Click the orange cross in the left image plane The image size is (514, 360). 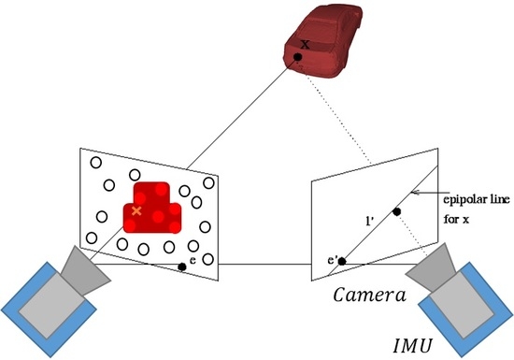pos(137,211)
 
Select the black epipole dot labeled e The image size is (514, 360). pos(182,267)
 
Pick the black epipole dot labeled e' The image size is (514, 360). pos(341,261)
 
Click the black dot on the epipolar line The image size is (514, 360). pos(397,212)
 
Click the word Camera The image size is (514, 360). pos(366,297)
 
